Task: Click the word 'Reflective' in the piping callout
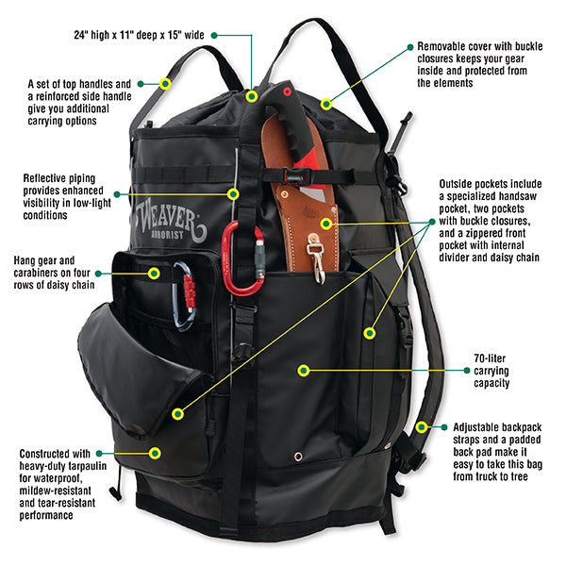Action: click(x=46, y=177)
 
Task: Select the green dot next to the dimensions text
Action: click(x=215, y=34)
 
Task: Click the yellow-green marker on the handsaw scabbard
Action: click(x=326, y=224)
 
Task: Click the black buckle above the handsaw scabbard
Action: click(x=294, y=175)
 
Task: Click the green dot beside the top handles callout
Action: click(x=141, y=83)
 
